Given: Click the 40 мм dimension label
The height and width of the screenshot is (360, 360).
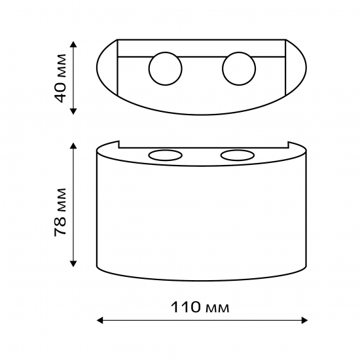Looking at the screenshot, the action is pyautogui.click(x=60, y=78).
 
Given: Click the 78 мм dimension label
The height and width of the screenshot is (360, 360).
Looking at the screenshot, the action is pyautogui.click(x=60, y=212).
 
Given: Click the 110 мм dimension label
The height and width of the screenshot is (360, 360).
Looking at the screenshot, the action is pyautogui.click(x=200, y=307).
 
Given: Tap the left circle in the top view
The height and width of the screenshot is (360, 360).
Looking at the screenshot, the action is pyautogui.click(x=166, y=69).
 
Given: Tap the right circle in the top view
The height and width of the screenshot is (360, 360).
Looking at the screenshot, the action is pyautogui.click(x=239, y=69).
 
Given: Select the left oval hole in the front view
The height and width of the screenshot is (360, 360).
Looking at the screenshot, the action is pyautogui.click(x=166, y=155).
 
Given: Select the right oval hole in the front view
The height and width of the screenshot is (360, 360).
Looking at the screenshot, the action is pyautogui.click(x=238, y=155).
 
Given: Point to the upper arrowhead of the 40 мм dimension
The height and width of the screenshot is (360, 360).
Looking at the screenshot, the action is pyautogui.click(x=73, y=44).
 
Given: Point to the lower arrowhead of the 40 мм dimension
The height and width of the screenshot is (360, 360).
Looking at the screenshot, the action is pyautogui.click(x=73, y=111).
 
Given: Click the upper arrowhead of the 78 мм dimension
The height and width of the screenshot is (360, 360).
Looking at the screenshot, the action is pyautogui.click(x=73, y=145).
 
